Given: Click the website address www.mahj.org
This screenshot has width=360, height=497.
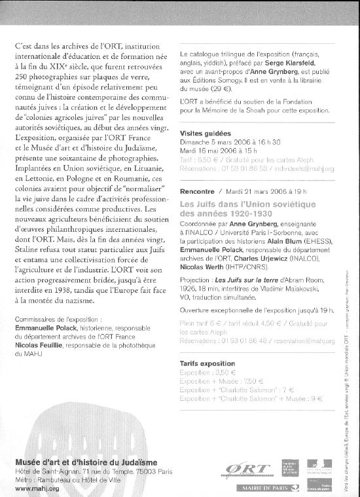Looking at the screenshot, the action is [37, 488].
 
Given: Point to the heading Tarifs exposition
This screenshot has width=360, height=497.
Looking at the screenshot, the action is [207, 363].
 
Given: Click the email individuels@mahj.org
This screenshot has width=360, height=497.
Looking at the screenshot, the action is [304, 168].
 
